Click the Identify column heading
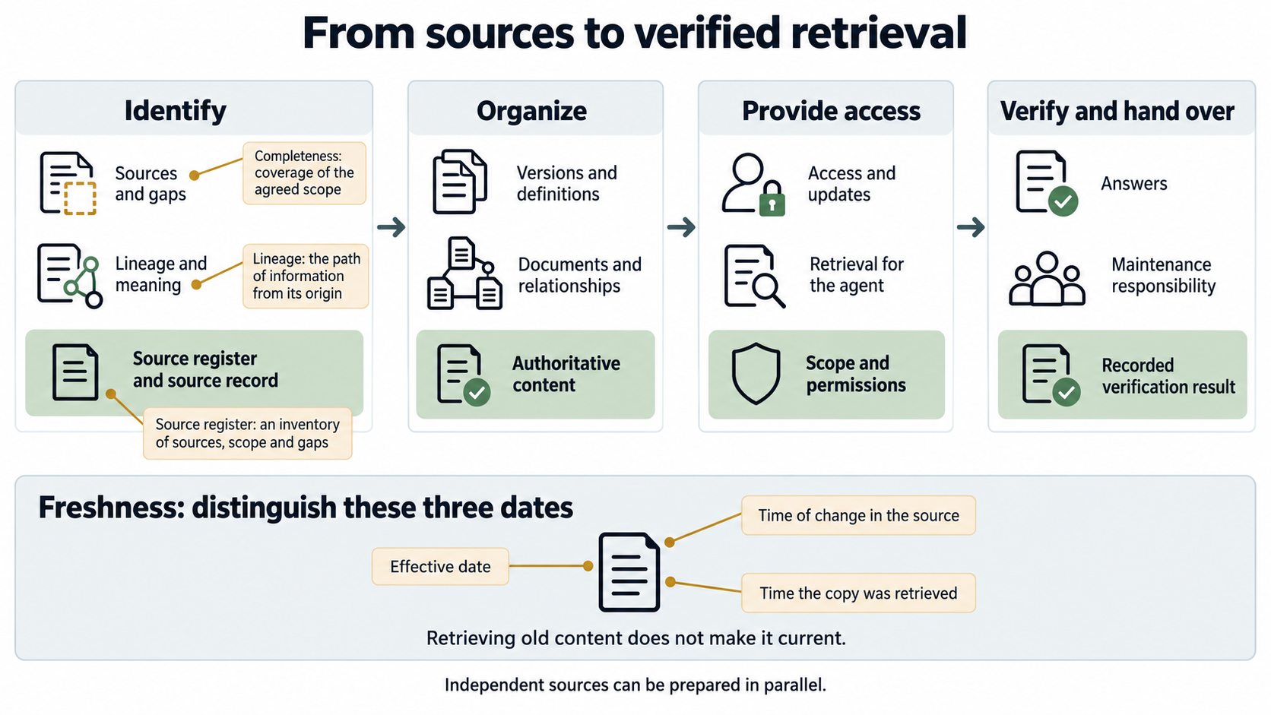(176, 111)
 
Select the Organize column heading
(531, 111)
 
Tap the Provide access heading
(832, 111)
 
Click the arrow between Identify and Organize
(391, 227)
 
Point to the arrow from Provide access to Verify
(971, 227)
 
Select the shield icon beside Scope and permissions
(756, 373)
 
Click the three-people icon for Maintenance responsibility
(1047, 278)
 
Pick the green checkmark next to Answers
(1063, 201)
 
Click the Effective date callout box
(440, 566)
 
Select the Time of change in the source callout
(858, 515)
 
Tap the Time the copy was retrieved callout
(858, 593)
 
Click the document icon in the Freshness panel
(629, 572)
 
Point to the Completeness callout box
(304, 173)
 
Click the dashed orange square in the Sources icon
(80, 198)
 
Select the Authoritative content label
(566, 375)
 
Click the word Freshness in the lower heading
(112, 507)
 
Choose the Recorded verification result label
(1168, 376)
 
